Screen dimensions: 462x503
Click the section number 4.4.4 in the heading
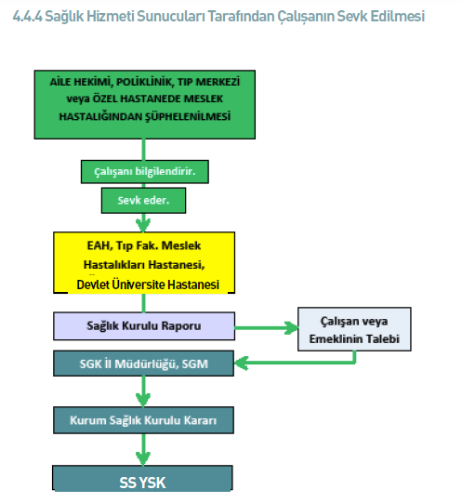tap(28, 17)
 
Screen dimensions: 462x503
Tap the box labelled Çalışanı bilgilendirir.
tap(145, 172)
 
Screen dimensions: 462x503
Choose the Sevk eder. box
tap(143, 201)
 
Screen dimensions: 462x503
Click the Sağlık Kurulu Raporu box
tap(144, 326)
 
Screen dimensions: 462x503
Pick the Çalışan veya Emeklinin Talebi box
tap(354, 329)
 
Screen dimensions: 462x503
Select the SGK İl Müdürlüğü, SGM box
tap(143, 364)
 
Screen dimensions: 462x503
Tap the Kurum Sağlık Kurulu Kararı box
tap(143, 420)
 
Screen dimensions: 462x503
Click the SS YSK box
tap(142, 479)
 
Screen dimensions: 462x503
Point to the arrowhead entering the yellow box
tap(143, 226)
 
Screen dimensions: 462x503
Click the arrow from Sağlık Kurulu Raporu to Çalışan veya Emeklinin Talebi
tap(267, 328)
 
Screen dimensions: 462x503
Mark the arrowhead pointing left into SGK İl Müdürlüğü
tap(242, 364)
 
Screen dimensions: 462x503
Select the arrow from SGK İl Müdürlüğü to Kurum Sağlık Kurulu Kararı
tap(143, 391)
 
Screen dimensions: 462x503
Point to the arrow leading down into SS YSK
tap(143, 449)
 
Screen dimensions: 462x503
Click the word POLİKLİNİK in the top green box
tap(144, 82)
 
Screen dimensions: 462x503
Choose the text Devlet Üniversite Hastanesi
tap(148, 285)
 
